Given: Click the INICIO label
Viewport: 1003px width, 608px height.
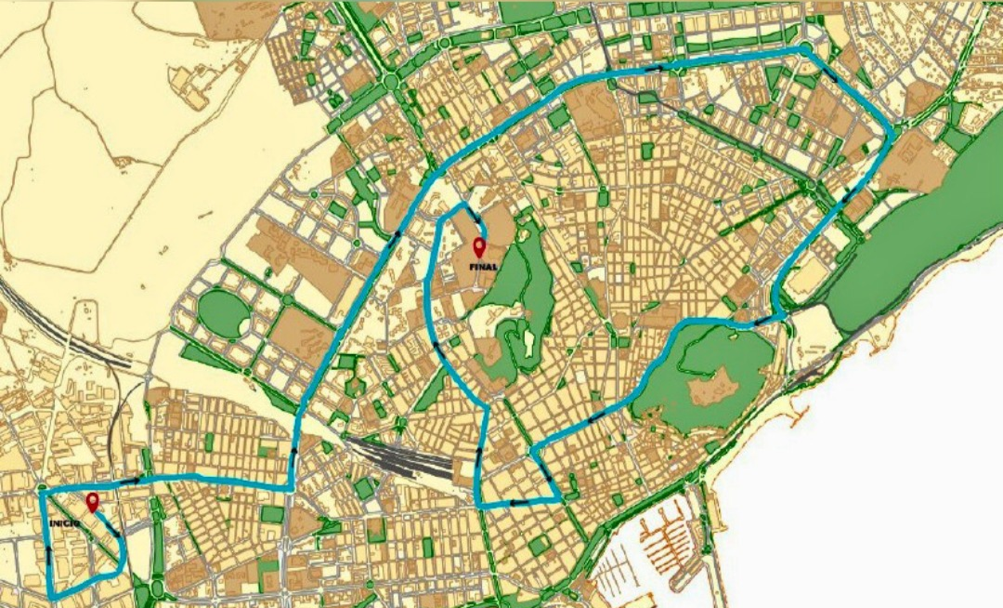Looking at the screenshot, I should pos(63,524).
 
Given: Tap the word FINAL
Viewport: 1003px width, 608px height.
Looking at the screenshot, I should pos(484,266).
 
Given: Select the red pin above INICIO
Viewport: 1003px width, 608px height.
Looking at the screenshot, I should pos(92,503).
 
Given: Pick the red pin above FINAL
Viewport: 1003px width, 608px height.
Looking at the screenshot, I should pos(479,247).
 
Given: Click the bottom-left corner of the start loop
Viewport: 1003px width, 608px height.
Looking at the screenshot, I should pos(51,595).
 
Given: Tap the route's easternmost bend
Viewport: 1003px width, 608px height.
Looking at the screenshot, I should pos(892,136).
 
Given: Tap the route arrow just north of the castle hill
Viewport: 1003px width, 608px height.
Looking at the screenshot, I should pos(760,322).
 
